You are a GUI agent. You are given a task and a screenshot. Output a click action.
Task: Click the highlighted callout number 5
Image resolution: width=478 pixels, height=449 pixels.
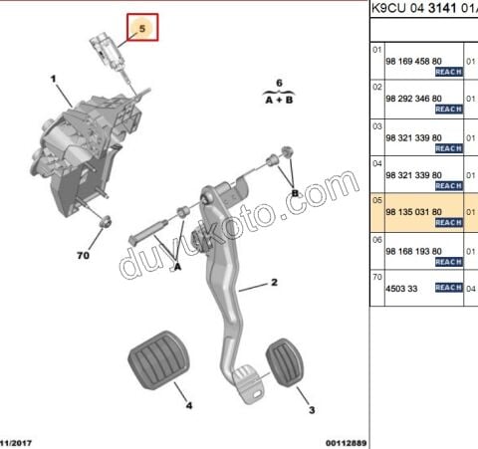point(142,28)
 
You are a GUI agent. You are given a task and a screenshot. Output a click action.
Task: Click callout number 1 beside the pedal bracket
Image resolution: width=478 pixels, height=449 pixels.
point(53,79)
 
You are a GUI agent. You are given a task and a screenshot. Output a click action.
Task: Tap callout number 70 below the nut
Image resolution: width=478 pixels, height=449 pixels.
point(83,256)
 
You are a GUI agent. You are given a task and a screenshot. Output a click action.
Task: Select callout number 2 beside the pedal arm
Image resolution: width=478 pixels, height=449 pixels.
point(274,283)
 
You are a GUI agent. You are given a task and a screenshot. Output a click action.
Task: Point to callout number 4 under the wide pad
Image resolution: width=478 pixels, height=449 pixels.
point(189,405)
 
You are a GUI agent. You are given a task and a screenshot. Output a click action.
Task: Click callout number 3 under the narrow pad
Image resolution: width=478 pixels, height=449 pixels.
point(312,410)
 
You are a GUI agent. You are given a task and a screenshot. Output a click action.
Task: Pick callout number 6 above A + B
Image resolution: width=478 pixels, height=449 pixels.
point(279,83)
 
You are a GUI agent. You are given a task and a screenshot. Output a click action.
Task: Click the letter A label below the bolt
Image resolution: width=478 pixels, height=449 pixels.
point(178,267)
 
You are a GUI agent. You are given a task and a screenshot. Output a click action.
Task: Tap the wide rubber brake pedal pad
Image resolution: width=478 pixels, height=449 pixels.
point(158,360)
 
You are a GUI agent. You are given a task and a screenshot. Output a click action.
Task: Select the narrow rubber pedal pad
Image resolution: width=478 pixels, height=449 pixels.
point(285,362)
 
